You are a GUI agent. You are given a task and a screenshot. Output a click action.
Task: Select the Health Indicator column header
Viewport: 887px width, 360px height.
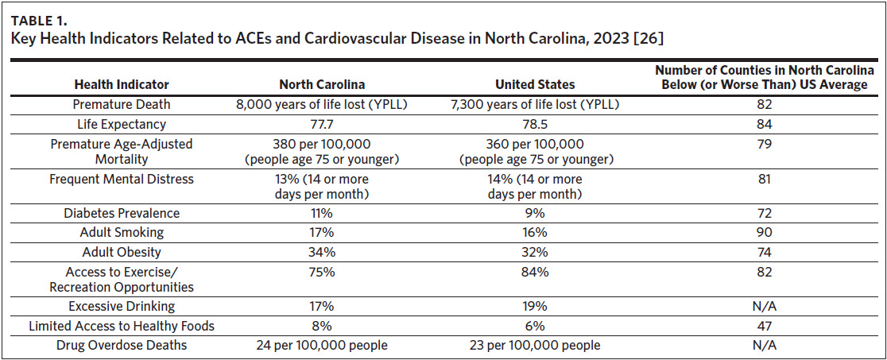[122, 85]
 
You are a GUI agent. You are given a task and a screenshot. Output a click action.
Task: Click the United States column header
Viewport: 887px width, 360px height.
[535, 85]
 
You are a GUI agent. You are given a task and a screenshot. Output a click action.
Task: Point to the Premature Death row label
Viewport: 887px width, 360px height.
[122, 104]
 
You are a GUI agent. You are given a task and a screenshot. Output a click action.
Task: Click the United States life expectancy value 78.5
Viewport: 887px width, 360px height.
[534, 124]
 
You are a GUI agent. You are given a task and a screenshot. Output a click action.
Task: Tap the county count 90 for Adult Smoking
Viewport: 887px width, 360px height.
[765, 232]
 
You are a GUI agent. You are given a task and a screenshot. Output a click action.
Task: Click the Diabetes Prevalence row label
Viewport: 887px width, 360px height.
[122, 213]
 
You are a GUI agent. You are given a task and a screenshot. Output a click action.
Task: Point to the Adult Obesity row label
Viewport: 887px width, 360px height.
[122, 252]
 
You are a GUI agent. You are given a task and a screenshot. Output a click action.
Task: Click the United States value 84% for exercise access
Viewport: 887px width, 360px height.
[534, 272]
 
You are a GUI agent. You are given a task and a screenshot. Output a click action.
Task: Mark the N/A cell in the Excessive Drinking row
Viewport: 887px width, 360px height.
[765, 306]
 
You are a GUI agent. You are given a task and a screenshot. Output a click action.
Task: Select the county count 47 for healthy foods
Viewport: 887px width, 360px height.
[765, 326]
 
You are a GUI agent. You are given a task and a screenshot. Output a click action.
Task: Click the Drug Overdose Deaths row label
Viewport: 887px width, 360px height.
[122, 345]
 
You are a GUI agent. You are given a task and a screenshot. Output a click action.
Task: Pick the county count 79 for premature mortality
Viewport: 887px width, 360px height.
[765, 144]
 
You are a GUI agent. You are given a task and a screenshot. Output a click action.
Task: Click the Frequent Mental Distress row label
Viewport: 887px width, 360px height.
[122, 180]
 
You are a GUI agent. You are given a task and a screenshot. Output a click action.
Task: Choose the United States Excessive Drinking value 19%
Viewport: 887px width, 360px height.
[534, 306]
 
